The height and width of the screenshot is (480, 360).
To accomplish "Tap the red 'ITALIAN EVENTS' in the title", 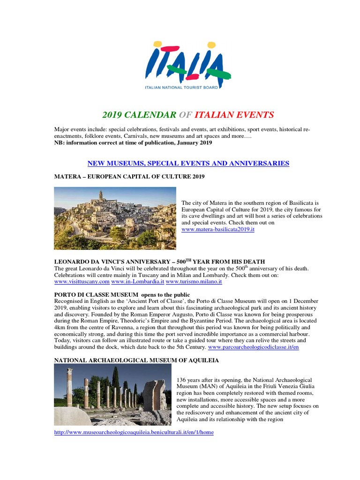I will click(234, 115).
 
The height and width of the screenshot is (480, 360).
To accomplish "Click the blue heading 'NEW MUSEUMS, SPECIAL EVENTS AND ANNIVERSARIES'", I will click(188, 163).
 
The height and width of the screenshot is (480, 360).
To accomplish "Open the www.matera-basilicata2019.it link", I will click(218, 230).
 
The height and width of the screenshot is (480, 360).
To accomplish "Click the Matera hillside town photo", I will click(115, 218).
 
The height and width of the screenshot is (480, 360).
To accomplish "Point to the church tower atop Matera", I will click(100, 195).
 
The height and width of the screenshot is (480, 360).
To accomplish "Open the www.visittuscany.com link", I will click(82, 282).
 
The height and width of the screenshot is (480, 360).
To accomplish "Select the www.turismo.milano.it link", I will click(194, 282).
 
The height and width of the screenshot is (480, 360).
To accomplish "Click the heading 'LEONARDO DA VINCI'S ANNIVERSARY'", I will click(159, 261).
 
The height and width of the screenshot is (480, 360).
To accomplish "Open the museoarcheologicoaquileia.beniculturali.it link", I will click(134, 432).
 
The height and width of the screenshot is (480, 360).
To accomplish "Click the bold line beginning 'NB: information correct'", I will click(133, 142).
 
